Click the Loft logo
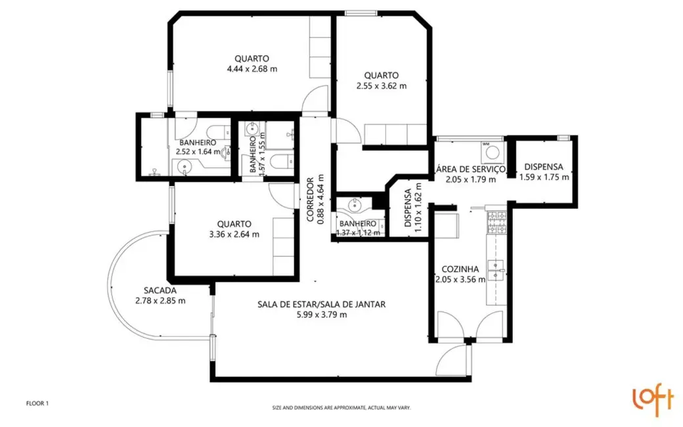(x=653, y=398)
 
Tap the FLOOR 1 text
(x=37, y=403)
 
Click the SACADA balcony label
(x=160, y=290)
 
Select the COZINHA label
(x=459, y=269)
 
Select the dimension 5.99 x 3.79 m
(x=320, y=315)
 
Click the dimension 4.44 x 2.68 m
(x=252, y=69)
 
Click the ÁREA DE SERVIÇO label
(x=469, y=169)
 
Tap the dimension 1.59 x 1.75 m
(x=544, y=177)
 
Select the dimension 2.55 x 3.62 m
(x=382, y=85)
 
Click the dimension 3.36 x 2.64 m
(x=233, y=234)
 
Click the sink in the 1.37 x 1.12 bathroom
(x=355, y=205)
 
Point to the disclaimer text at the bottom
(x=341, y=408)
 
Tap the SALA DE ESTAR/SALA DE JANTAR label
(x=320, y=304)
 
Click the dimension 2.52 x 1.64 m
(x=198, y=151)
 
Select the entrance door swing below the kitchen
(x=456, y=360)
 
